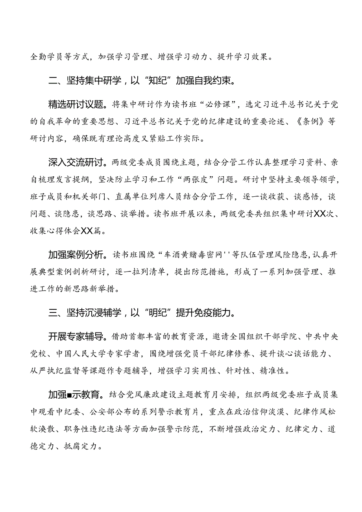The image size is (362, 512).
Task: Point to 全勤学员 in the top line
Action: [45, 57]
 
